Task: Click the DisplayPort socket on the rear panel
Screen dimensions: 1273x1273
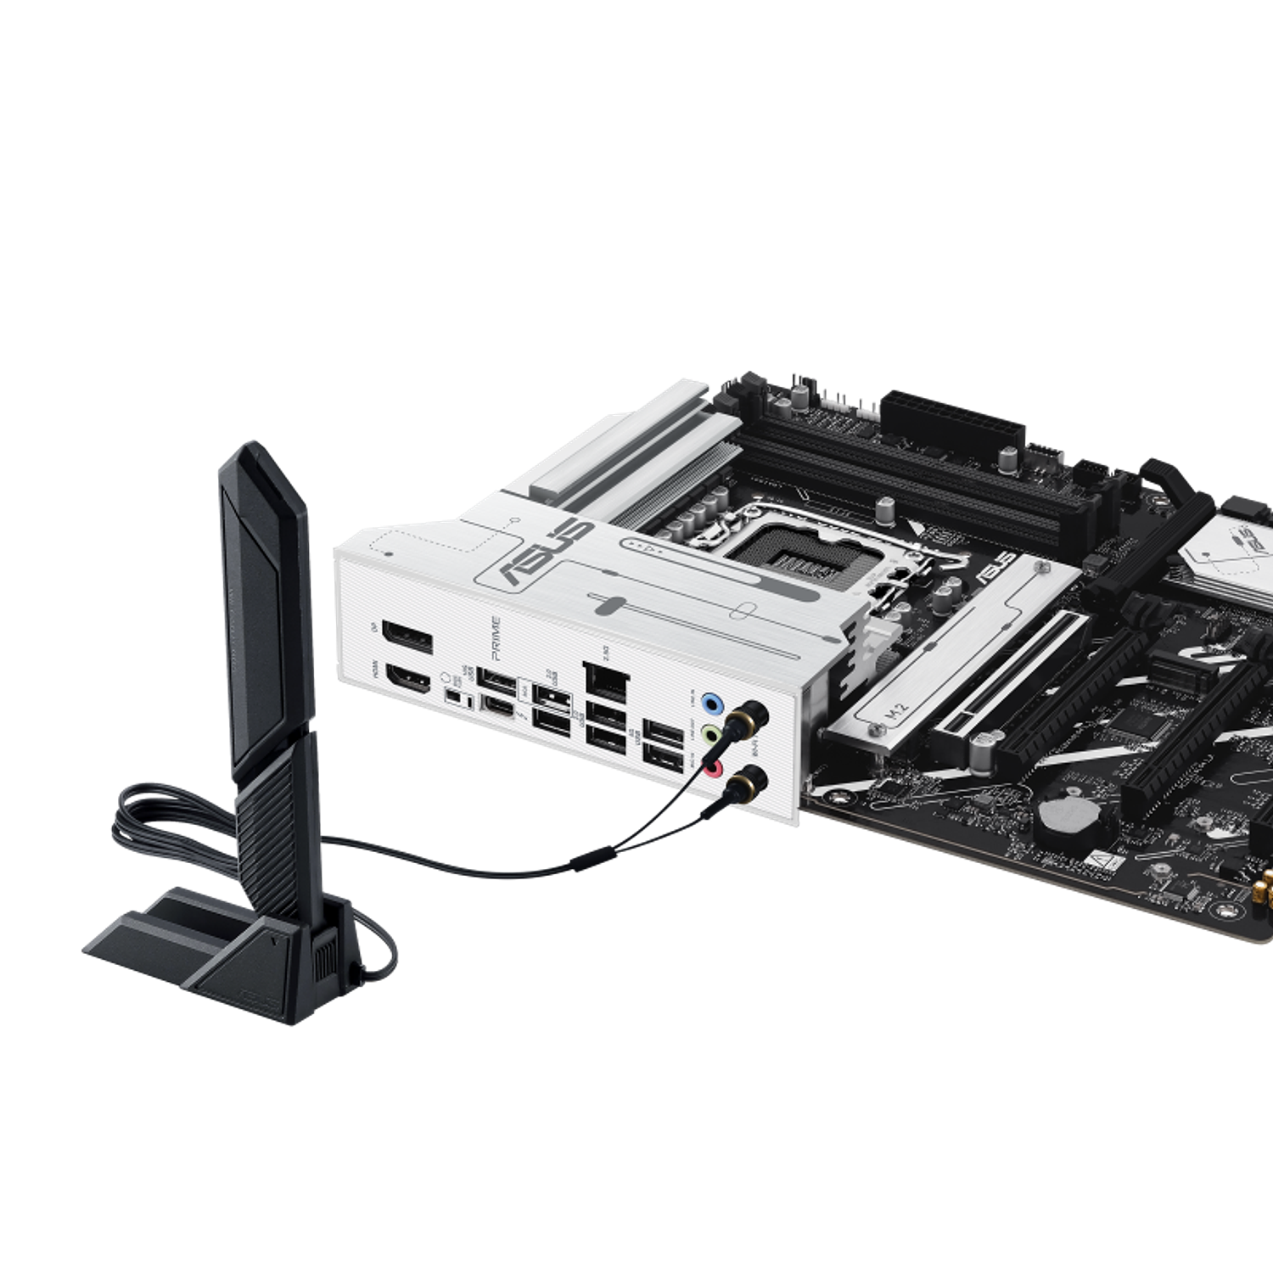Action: point(407,637)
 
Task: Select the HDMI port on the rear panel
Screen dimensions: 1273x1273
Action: point(407,679)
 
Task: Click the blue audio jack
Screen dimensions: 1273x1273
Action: point(715,703)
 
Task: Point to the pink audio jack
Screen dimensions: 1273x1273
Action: point(715,769)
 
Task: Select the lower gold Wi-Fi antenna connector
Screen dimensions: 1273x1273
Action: point(749,777)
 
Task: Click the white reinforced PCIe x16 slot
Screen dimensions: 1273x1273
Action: point(1018,670)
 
